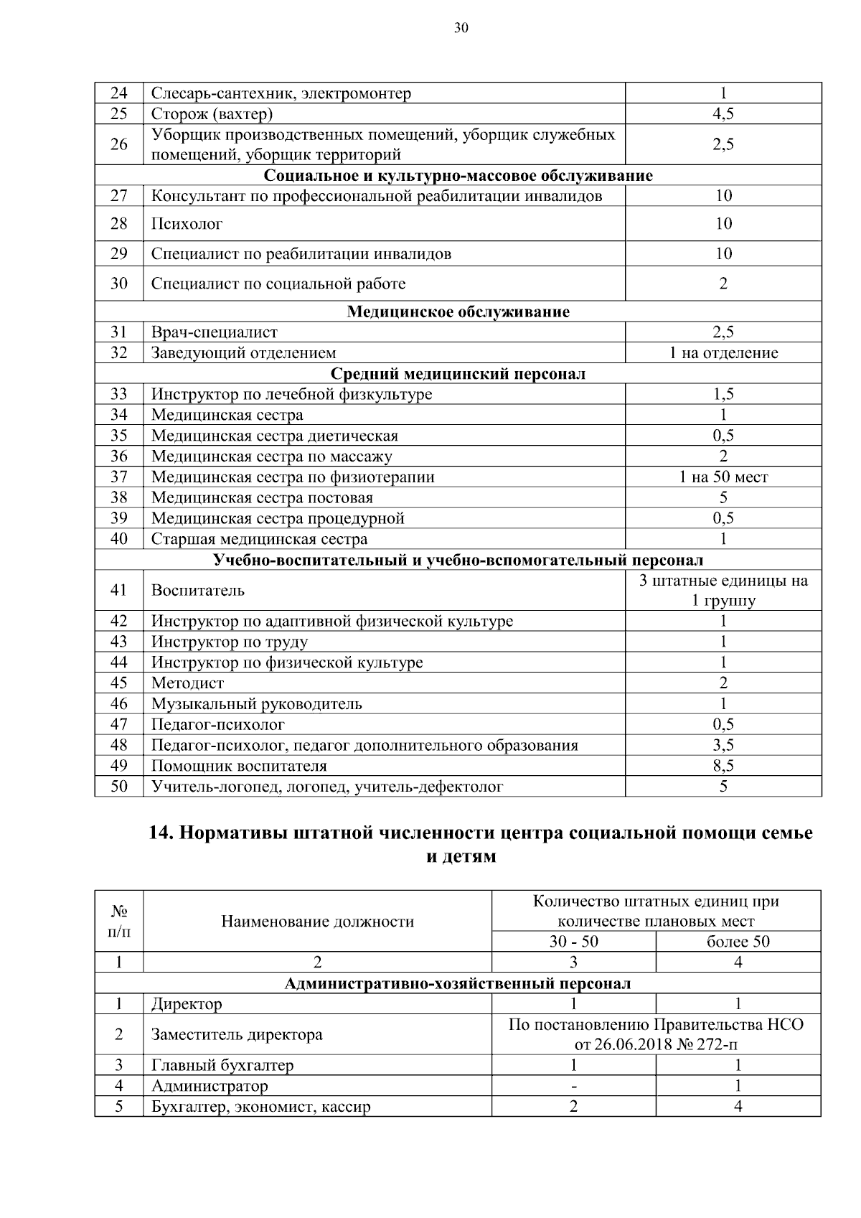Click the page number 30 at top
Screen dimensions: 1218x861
pyautogui.click(x=461, y=28)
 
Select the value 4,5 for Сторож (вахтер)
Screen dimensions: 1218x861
pyautogui.click(x=723, y=113)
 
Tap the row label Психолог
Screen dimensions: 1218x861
pyautogui.click(x=187, y=224)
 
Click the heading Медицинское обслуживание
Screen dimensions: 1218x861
pyautogui.click(x=458, y=311)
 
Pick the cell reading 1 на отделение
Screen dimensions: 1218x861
pyautogui.click(x=723, y=352)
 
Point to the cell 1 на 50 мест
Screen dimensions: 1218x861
pyautogui.click(x=723, y=477)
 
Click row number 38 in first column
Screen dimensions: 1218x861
pyautogui.click(x=119, y=497)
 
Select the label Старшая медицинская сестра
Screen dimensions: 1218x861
pyautogui.click(x=259, y=539)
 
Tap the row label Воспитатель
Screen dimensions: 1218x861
pyautogui.click(x=197, y=590)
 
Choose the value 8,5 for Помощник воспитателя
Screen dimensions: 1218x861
pyautogui.click(x=723, y=766)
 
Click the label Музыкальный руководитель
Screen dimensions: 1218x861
pyautogui.click(x=256, y=704)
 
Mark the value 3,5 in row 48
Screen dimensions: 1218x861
pyautogui.click(x=723, y=745)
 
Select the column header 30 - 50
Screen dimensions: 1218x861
pyautogui.click(x=573, y=942)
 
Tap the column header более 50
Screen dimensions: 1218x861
pyautogui.click(x=738, y=942)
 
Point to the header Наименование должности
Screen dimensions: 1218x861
pyautogui.click(x=317, y=922)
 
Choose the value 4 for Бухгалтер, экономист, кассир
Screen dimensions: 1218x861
pyautogui.click(x=738, y=1106)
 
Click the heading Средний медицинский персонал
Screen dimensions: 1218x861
pyautogui.click(x=458, y=374)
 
